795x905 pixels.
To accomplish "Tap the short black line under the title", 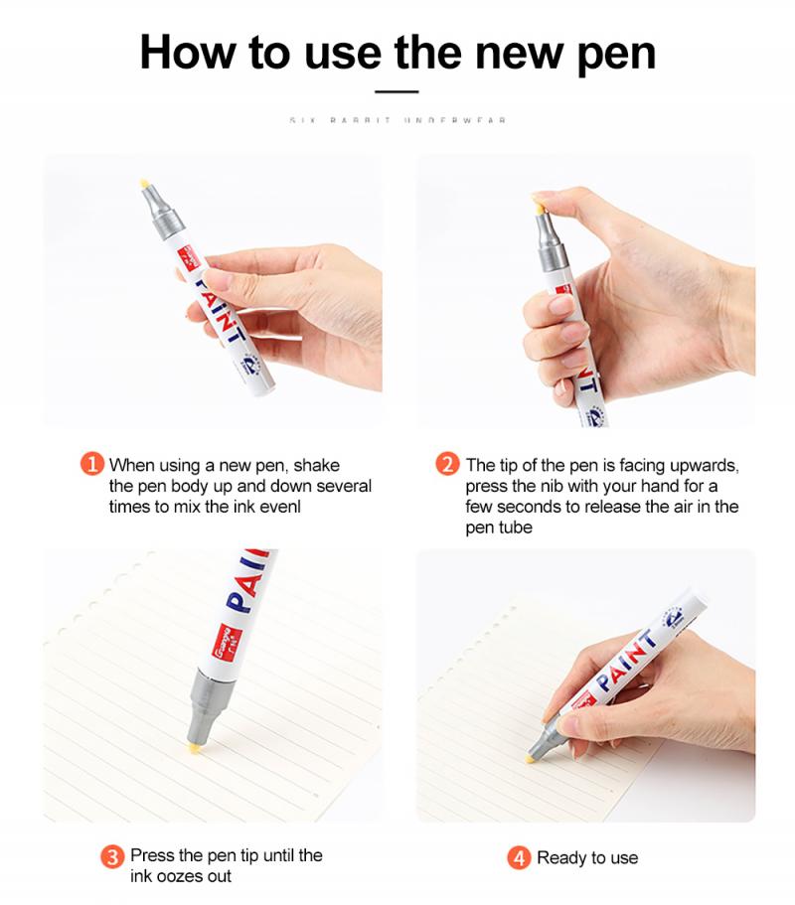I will pyautogui.click(x=397, y=91).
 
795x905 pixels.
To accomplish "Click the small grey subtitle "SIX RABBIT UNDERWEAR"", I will pyautogui.click(x=397, y=120).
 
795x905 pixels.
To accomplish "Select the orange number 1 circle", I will pyautogui.click(x=91, y=464).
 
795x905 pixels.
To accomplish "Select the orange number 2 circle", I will pyautogui.click(x=448, y=464).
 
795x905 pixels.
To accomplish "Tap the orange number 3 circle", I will pyautogui.click(x=113, y=855).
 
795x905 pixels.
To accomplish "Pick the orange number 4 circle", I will pyautogui.click(x=519, y=857).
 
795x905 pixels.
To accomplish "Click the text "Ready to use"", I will pyautogui.click(x=587, y=857).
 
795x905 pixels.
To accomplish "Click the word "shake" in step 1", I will pyautogui.click(x=317, y=465).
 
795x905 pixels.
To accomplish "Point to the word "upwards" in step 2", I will pyautogui.click(x=705, y=465).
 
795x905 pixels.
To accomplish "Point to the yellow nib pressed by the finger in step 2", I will pyautogui.click(x=538, y=206).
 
